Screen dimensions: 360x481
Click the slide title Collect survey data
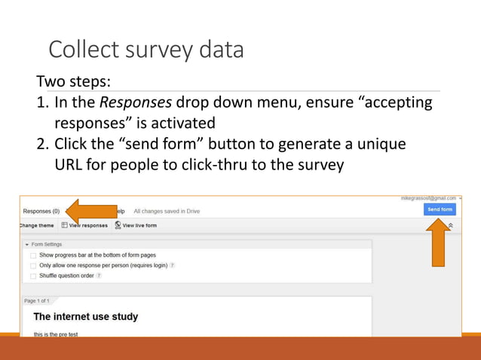tap(146, 50)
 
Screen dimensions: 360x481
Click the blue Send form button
tap(440, 209)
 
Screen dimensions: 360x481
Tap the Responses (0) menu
tap(41, 212)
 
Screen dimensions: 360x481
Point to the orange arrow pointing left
tap(90, 212)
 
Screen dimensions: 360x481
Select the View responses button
tap(84, 225)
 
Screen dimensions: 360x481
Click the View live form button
tap(136, 225)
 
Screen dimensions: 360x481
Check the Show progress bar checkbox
tap(33, 255)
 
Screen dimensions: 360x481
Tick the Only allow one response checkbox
tap(33, 266)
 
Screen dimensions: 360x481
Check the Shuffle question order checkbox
tap(33, 276)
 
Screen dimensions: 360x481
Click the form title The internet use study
tap(85, 317)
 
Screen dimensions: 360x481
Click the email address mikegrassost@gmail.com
tap(427, 198)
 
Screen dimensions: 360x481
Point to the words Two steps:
tap(74, 81)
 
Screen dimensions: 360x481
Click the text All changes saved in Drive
tap(167, 212)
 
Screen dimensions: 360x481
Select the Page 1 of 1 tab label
tap(36, 301)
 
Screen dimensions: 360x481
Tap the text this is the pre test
tap(56, 333)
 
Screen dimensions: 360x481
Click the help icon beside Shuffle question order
tap(99, 276)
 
